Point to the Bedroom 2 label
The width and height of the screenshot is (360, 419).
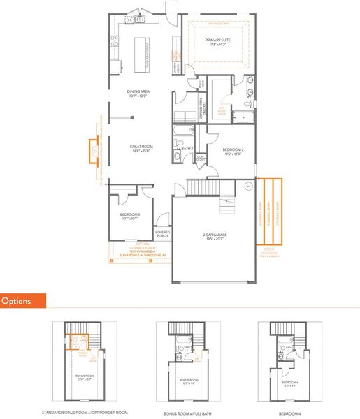(x=233, y=152)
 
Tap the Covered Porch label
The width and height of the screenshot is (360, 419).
(x=162, y=234)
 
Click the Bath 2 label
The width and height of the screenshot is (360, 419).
(x=187, y=149)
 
